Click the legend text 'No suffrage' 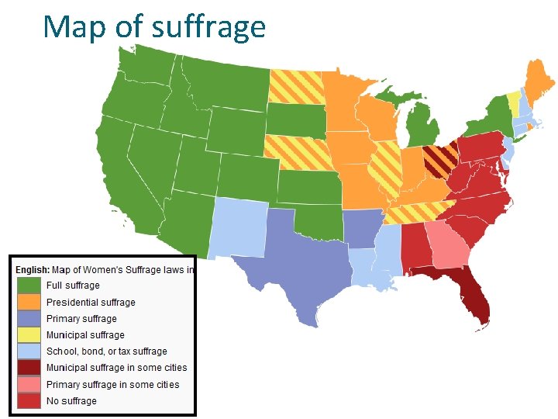click(x=71, y=401)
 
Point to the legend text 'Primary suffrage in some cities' click(x=112, y=385)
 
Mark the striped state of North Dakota click(x=296, y=87)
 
